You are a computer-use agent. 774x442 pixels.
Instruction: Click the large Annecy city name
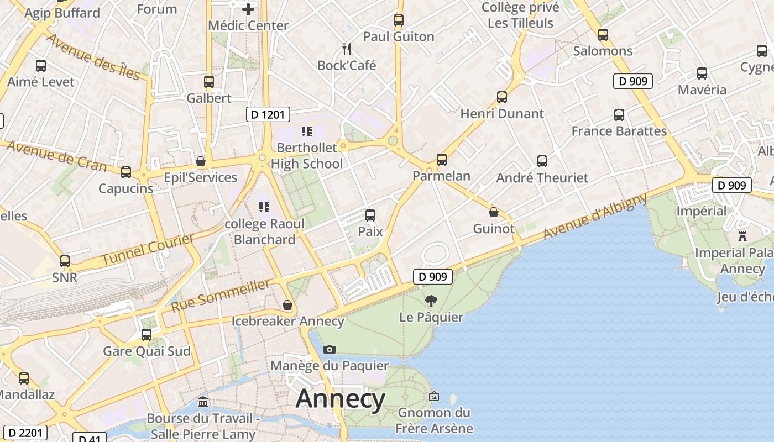pos(340,399)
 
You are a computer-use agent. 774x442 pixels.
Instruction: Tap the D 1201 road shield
pos(268,114)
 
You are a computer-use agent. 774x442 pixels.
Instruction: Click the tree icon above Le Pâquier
pos(431,301)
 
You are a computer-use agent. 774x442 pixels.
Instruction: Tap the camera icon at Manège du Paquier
pos(330,349)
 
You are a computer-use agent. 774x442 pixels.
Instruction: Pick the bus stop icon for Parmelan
pos(441,160)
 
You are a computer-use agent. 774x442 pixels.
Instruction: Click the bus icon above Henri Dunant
pos(502,97)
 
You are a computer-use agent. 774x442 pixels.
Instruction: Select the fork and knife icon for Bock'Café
pos(347,49)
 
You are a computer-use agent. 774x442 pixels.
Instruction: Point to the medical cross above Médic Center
pos(248,9)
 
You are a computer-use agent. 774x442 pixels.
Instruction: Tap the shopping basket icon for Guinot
pos(494,212)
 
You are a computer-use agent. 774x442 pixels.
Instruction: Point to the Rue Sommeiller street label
pos(221,296)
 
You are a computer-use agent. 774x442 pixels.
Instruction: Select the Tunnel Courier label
pos(148,249)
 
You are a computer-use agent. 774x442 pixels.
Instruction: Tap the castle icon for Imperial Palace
pos(742,236)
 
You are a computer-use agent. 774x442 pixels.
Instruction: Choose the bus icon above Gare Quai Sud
pos(147,335)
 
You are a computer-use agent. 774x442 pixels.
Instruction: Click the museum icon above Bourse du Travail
pos(203,402)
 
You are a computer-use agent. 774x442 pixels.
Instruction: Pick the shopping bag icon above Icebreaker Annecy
pos(287,305)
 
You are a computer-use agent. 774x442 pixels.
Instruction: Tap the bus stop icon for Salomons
pos(603,34)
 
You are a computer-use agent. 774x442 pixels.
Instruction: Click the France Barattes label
pos(619,131)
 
